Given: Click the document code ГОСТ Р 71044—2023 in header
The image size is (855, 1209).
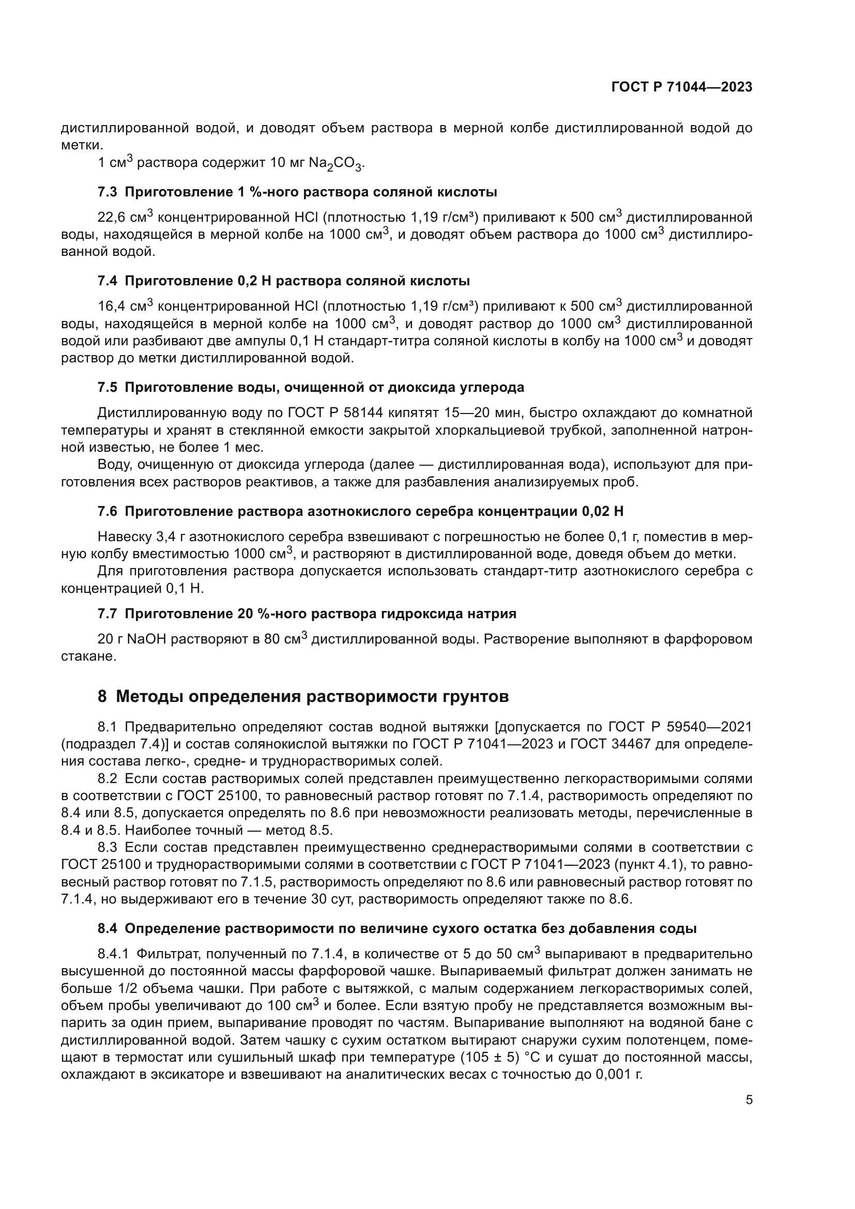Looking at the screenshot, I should pos(682,87).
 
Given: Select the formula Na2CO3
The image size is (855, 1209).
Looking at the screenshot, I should pos(336,164).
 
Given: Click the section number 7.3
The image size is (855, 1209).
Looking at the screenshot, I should pos(108,192).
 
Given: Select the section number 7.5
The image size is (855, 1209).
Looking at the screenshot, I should pos(108,388).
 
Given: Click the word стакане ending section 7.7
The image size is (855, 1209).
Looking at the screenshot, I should pos(88,656).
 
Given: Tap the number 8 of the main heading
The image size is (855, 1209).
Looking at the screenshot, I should pos(102,697).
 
